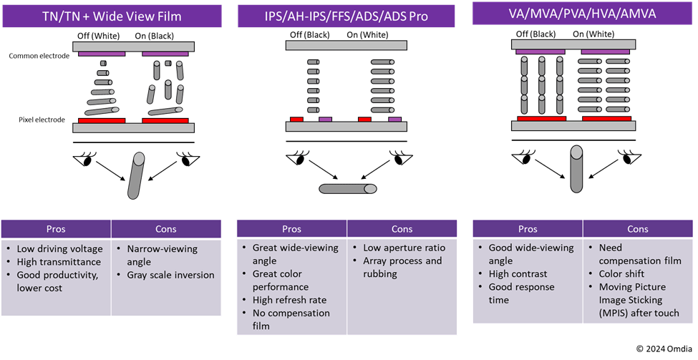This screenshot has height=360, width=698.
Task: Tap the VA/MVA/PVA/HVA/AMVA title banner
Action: pos(583,14)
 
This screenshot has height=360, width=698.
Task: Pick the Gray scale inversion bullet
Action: pos(170,275)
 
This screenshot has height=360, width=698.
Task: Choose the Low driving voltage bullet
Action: pos(59,249)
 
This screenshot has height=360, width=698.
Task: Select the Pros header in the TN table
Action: pos(57,229)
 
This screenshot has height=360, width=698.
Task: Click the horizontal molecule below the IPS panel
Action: pos(348,189)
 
